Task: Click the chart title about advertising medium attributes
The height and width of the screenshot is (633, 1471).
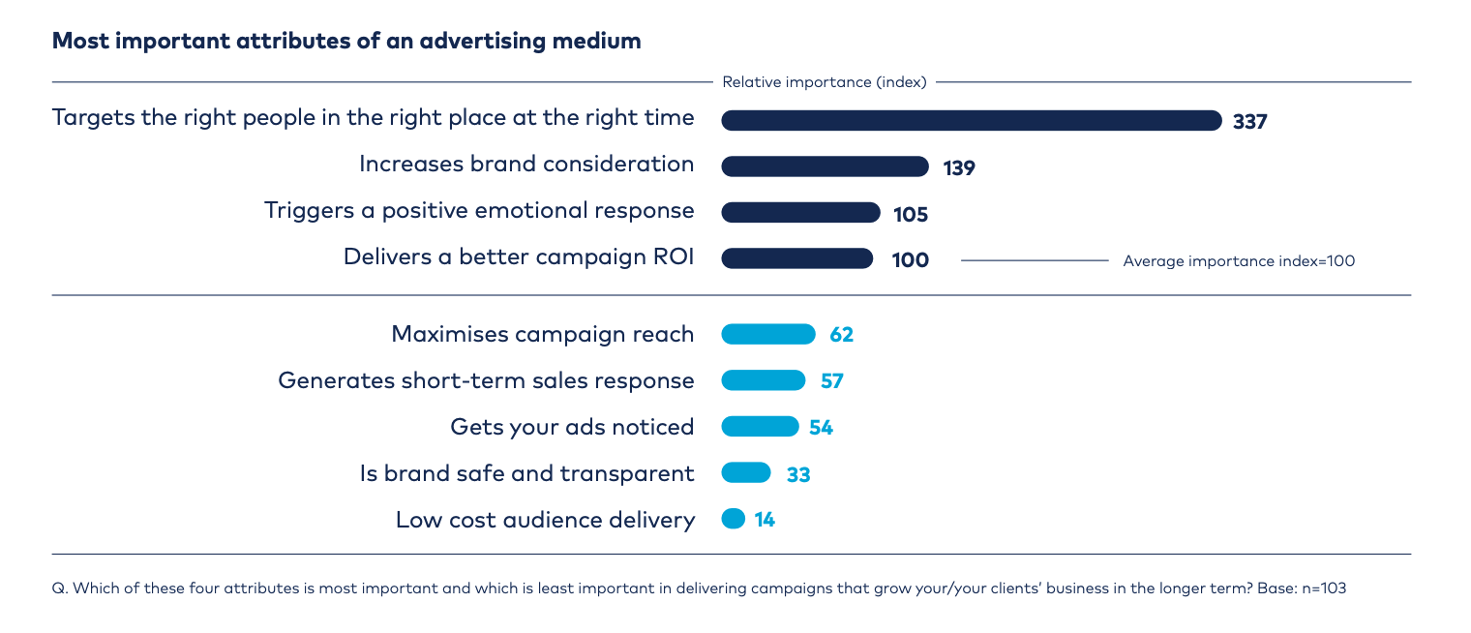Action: pyautogui.click(x=346, y=42)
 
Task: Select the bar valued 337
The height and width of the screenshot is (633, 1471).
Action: pyautogui.click(x=972, y=120)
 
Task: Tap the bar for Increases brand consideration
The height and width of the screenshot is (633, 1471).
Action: pyautogui.click(x=825, y=166)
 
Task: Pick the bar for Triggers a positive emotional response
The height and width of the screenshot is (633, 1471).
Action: pyautogui.click(x=800, y=212)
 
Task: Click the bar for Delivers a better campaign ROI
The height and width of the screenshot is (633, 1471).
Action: pyautogui.click(x=797, y=258)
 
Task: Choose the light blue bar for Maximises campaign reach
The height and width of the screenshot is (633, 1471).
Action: pyautogui.click(x=768, y=334)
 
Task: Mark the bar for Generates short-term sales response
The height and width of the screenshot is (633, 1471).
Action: pyautogui.click(x=763, y=380)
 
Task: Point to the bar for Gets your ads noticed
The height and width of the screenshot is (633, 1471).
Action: pyautogui.click(x=760, y=426)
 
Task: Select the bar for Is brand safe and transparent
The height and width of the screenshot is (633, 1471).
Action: pyautogui.click(x=746, y=472)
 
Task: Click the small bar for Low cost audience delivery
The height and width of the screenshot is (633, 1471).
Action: pyautogui.click(x=733, y=519)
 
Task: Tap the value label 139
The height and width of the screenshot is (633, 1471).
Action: pyautogui.click(x=959, y=168)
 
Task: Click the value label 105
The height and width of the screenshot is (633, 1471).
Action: pyautogui.click(x=910, y=214)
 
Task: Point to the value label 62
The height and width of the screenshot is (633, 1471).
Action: pyautogui.click(x=841, y=335)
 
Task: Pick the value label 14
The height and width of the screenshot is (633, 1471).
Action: pyautogui.click(x=765, y=520)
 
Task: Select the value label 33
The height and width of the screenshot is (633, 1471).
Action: pyautogui.click(x=798, y=474)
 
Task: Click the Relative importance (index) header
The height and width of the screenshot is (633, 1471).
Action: pyautogui.click(x=825, y=82)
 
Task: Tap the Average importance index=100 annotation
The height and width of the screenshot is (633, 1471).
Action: pyautogui.click(x=1239, y=260)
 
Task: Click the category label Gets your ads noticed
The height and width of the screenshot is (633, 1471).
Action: pyautogui.click(x=572, y=428)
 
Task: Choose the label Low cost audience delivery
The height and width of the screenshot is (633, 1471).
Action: pyautogui.click(x=545, y=520)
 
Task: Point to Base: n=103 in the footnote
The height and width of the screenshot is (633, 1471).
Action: pyautogui.click(x=1302, y=588)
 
